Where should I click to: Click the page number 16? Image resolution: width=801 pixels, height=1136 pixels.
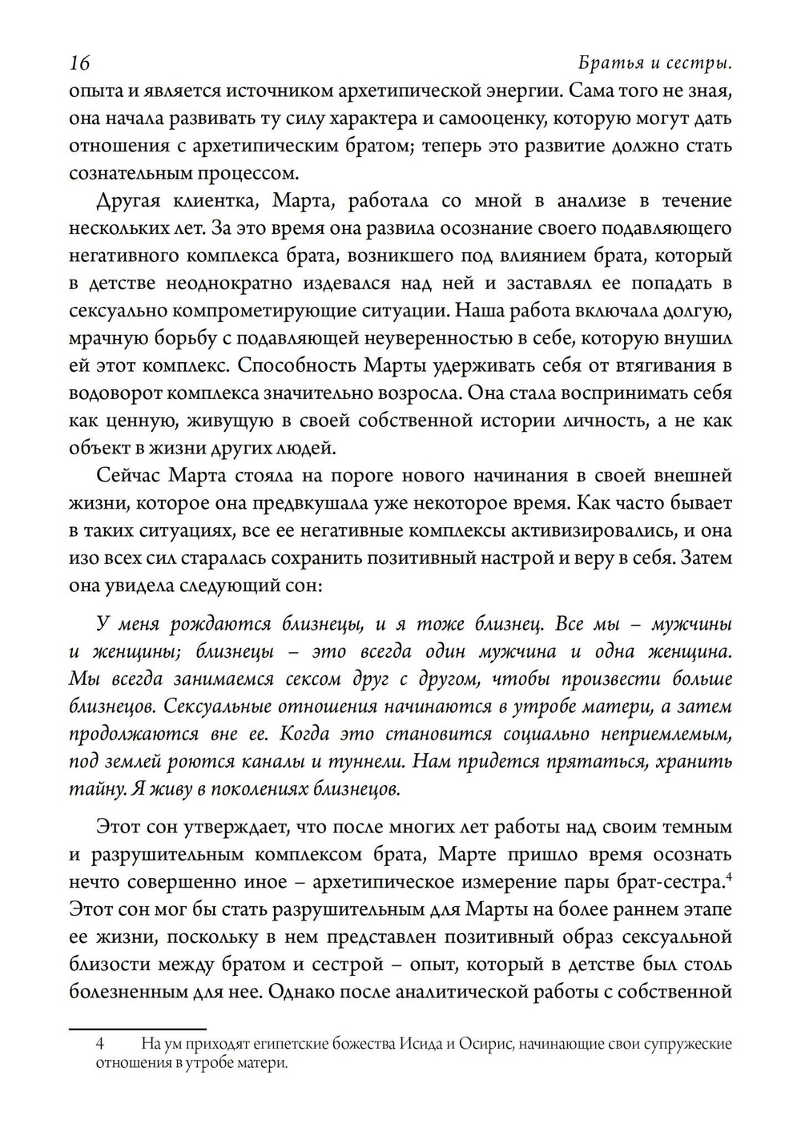coord(79,63)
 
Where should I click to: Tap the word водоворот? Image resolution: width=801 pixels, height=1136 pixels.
coord(115,394)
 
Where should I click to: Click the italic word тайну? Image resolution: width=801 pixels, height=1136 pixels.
coord(95,789)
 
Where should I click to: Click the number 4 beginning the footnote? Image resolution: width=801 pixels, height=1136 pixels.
coord(100,1045)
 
